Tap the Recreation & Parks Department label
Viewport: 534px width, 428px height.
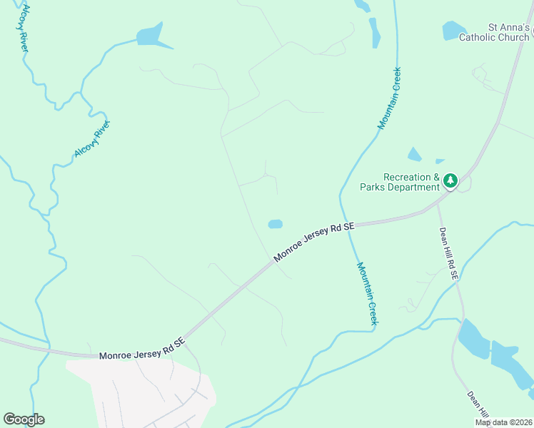[x=411, y=182]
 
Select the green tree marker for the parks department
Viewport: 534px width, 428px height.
[x=450, y=181]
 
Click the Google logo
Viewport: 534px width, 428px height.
[x=24, y=419]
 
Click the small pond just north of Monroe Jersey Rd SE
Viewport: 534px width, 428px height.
[x=275, y=224]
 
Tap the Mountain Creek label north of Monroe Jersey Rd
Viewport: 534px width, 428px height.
[x=390, y=98]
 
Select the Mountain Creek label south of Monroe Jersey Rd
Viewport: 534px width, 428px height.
[x=367, y=292]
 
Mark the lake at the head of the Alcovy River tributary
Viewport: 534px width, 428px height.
[x=151, y=36]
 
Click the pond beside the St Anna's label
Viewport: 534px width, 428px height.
[x=453, y=30]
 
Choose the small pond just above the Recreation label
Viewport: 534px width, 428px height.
[x=414, y=155]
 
